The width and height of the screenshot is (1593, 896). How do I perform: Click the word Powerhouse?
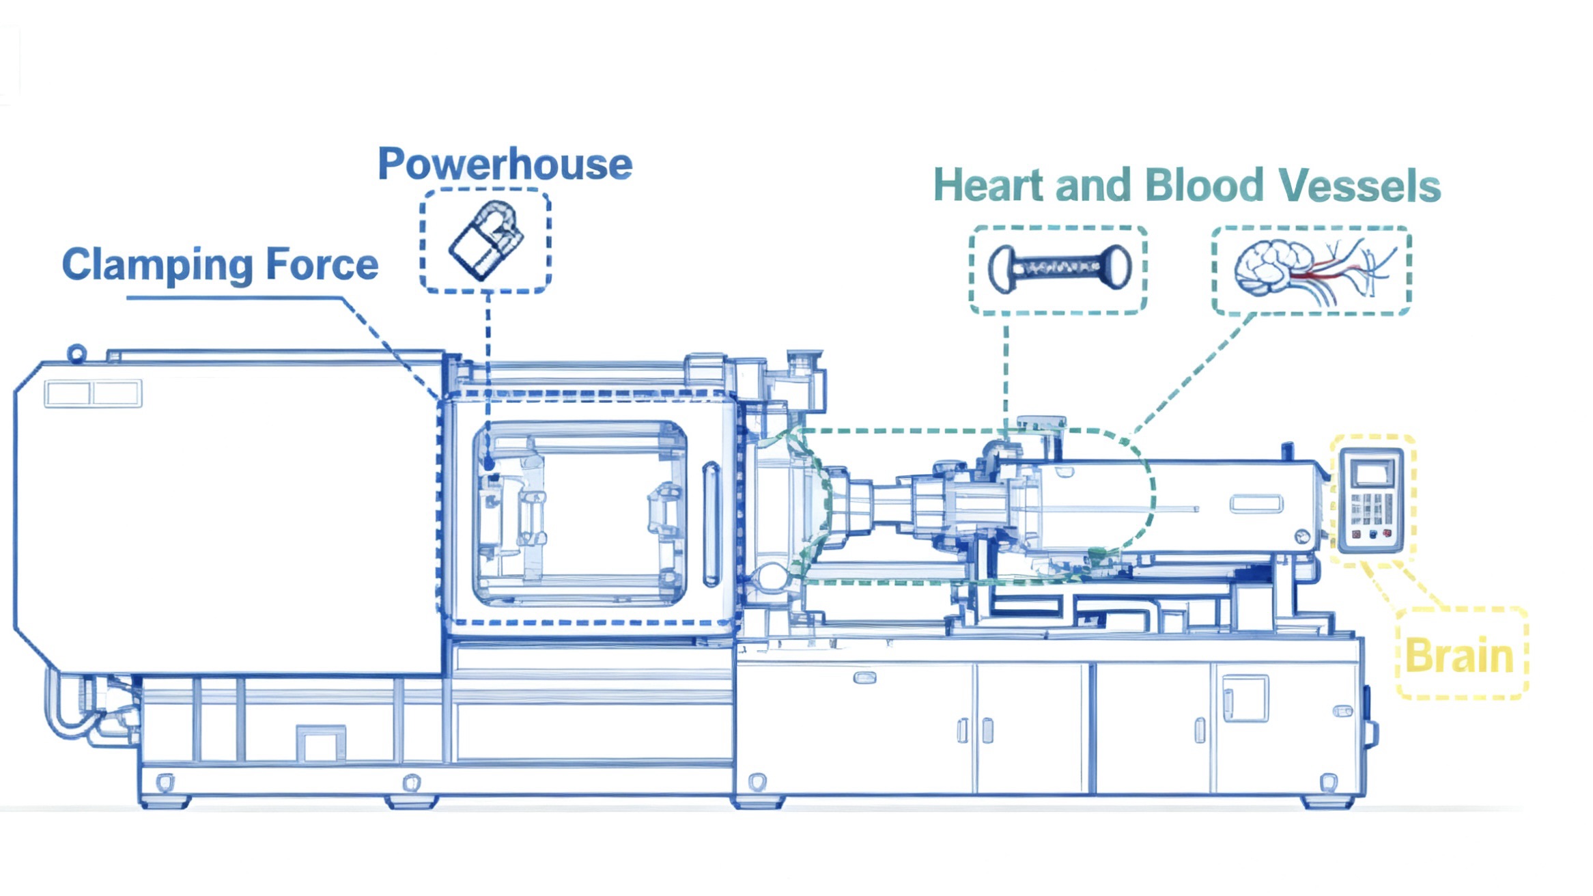(505, 165)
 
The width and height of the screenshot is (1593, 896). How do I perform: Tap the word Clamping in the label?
(157, 265)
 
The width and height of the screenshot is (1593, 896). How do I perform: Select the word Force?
(322, 264)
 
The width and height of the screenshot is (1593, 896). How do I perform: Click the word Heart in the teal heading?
(988, 186)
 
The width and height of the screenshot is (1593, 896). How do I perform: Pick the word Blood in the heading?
(1204, 186)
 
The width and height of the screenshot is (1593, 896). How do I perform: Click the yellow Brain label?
(1459, 656)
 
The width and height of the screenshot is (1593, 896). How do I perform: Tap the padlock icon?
(486, 240)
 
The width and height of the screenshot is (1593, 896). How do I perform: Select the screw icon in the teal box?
(1058, 269)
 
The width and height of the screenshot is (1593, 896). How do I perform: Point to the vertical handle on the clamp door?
(711, 524)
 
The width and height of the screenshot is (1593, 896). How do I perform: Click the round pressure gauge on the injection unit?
(1303, 537)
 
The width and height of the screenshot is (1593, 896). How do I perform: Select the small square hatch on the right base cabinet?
(1244, 698)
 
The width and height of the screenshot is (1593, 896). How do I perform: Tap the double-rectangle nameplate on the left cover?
(93, 394)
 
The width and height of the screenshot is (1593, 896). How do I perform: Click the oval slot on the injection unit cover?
(1256, 505)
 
